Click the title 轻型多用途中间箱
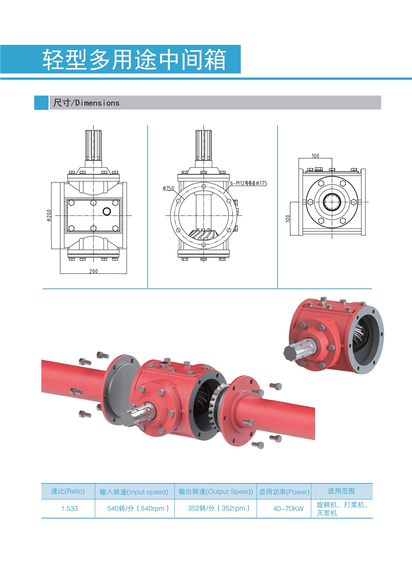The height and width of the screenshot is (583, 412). (134, 60)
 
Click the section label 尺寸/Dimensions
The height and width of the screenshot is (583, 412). (86, 103)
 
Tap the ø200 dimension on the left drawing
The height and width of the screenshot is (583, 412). (49, 215)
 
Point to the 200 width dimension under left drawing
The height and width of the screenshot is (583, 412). (94, 271)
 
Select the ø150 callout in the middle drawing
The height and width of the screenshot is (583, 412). (168, 188)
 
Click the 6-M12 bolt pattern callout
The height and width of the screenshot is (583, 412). (248, 183)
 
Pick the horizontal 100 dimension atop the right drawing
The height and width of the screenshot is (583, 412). (315, 156)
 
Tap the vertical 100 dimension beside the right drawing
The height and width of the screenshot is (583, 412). (288, 219)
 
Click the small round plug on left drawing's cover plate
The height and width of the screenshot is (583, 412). (107, 212)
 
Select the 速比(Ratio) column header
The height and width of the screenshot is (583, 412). (68, 491)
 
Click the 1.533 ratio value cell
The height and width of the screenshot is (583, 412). (69, 508)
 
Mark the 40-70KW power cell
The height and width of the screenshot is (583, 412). (288, 509)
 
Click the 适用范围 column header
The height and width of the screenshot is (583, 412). (341, 491)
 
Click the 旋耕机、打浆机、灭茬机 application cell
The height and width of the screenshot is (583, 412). (341, 508)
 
